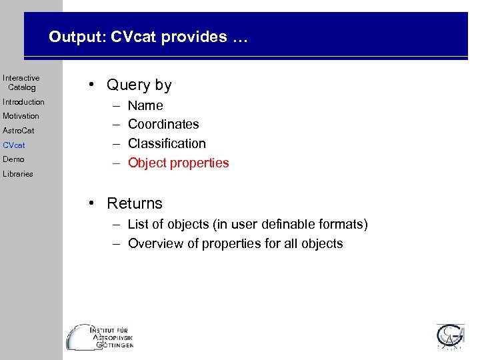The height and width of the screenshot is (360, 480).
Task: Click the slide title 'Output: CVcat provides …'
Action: click(147, 37)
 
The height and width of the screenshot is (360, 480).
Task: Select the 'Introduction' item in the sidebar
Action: click(23, 102)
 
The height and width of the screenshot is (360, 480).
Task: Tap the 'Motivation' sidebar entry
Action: click(21, 116)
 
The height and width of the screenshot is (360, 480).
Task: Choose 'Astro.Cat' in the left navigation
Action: click(18, 131)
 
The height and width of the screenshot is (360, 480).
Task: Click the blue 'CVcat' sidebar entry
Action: click(13, 145)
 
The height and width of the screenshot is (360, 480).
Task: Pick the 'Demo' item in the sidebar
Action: click(13, 159)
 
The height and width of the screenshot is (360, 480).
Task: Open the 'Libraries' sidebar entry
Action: click(17, 174)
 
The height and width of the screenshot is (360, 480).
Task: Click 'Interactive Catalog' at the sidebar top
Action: click(21, 83)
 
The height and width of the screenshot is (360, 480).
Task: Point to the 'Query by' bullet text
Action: click(139, 85)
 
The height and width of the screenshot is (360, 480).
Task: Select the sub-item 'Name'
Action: click(145, 105)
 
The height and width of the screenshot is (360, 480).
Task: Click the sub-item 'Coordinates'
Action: click(163, 125)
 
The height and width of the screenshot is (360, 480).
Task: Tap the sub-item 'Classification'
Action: click(167, 143)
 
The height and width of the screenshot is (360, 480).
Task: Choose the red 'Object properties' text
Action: click(178, 163)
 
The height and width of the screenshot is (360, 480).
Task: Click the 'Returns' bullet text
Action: click(134, 203)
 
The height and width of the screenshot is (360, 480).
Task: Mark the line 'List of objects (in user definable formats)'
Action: click(247, 225)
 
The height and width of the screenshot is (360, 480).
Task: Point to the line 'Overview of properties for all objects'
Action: click(235, 243)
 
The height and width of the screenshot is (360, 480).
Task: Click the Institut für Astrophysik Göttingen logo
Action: click(100, 337)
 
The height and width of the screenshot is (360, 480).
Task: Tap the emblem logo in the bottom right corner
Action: click(450, 337)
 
